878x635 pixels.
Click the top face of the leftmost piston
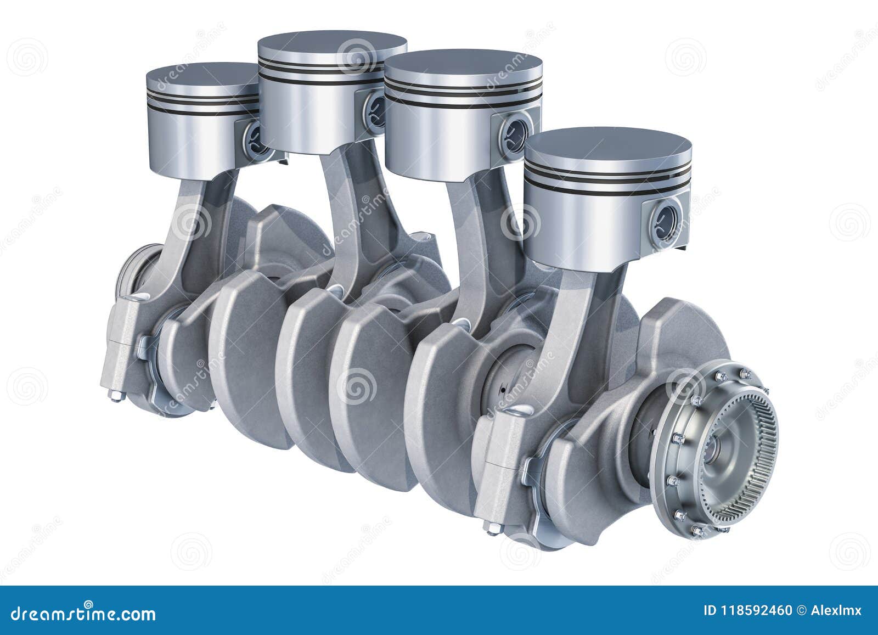[200, 77]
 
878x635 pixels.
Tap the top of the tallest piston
[333, 48]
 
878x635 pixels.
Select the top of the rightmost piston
[607, 145]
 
